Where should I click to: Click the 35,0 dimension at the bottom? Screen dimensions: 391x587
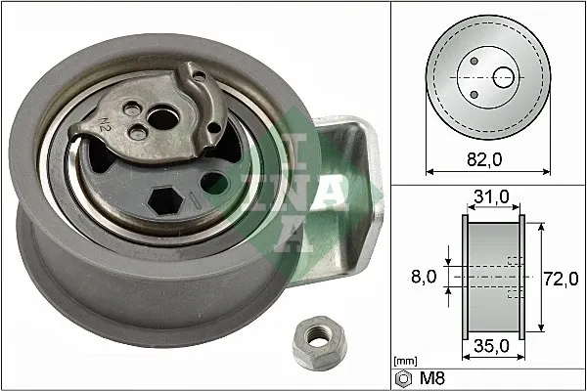click(489, 345)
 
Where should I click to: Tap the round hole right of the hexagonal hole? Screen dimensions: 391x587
click(214, 183)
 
